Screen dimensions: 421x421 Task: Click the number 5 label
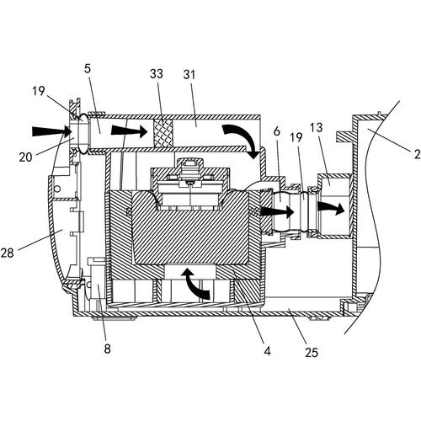pyautogui.click(x=88, y=68)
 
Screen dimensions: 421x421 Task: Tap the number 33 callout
pyautogui.click(x=157, y=74)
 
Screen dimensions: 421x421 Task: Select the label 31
pyautogui.click(x=189, y=75)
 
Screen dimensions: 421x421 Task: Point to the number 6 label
pyautogui.click(x=277, y=131)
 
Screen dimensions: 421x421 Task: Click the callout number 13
pyautogui.click(x=317, y=128)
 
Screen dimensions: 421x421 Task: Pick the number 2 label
pyautogui.click(x=417, y=154)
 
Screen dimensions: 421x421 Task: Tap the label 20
pyautogui.click(x=25, y=157)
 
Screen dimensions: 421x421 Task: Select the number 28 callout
pyautogui.click(x=7, y=253)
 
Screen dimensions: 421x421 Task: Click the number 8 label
pyautogui.click(x=108, y=349)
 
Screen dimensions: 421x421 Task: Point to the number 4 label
pyautogui.click(x=267, y=351)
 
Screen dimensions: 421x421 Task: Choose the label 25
pyautogui.click(x=312, y=353)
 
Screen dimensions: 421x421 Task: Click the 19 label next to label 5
pyautogui.click(x=38, y=91)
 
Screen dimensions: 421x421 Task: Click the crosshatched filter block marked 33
pyautogui.click(x=163, y=133)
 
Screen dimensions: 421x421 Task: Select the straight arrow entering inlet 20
pyautogui.click(x=51, y=131)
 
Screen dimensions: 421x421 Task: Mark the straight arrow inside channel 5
pyautogui.click(x=130, y=131)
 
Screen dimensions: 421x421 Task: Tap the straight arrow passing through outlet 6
pyautogui.click(x=277, y=212)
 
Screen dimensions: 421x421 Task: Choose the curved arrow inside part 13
pyautogui.click(x=331, y=208)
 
